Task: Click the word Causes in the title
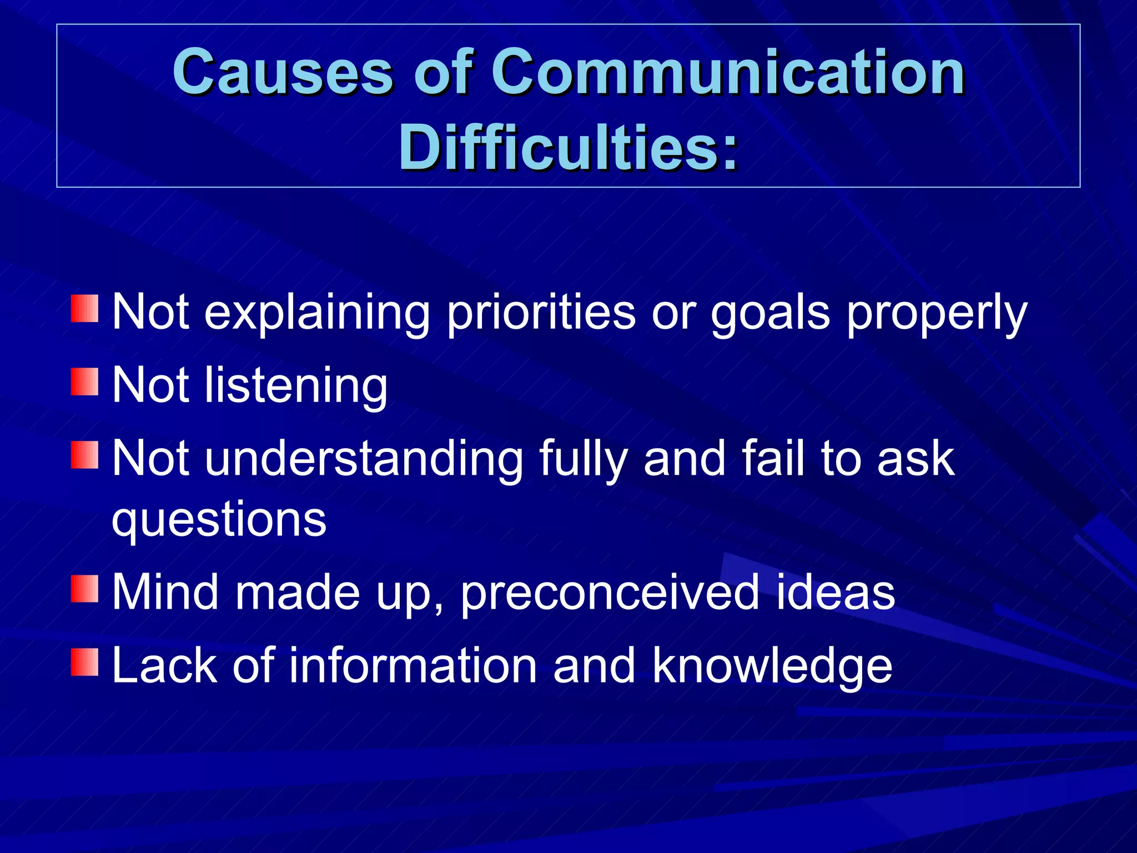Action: tap(283, 72)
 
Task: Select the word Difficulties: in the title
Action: tap(568, 147)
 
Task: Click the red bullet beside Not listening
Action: tap(84, 382)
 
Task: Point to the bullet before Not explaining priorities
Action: tap(84, 309)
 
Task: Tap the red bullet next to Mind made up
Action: tap(84, 589)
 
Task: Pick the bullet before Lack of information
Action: tap(84, 662)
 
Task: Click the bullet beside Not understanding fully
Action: tap(84, 455)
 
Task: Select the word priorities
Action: tap(541, 314)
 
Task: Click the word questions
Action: tap(219, 521)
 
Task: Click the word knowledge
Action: tap(772, 666)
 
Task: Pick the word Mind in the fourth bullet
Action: tap(165, 593)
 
